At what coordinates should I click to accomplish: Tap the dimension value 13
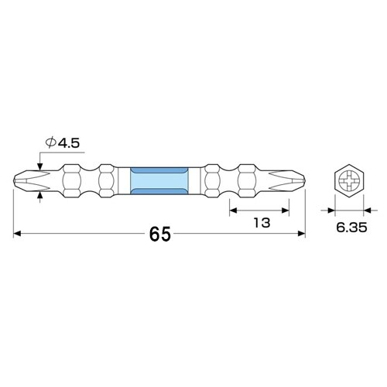pyautogui.click(x=261, y=223)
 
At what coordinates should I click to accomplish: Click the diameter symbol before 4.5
pyautogui.click(x=50, y=142)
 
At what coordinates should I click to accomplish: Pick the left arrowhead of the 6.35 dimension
pyautogui.click(x=330, y=209)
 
